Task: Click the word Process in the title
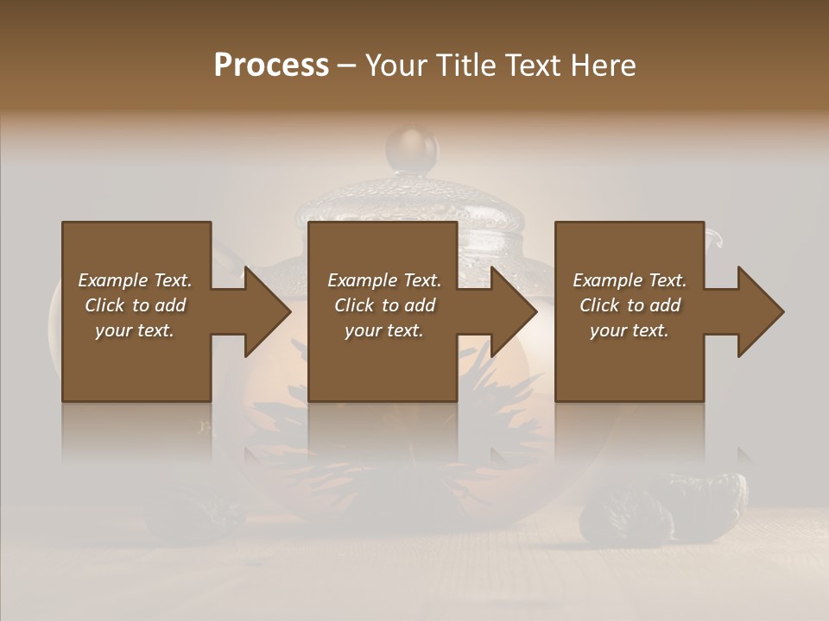click(271, 66)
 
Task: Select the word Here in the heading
click(602, 66)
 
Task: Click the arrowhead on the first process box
click(263, 311)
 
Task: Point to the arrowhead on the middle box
click(510, 311)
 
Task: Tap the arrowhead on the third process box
click(757, 311)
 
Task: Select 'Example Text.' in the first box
click(135, 280)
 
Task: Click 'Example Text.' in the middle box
click(383, 280)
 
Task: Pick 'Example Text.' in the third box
click(630, 280)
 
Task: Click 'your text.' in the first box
click(135, 330)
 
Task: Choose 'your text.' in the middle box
click(383, 330)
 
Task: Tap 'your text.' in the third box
click(630, 330)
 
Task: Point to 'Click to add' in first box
click(135, 305)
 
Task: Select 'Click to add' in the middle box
click(383, 305)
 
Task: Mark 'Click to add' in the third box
click(630, 305)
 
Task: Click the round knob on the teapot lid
click(412, 148)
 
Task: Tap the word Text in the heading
click(529, 66)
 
